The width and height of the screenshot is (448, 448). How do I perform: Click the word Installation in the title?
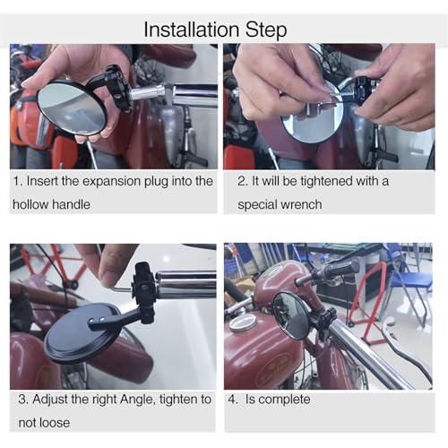(x=192, y=30)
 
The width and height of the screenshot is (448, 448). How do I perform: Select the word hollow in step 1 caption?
(x=30, y=204)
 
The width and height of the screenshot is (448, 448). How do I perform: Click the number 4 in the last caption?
(x=232, y=400)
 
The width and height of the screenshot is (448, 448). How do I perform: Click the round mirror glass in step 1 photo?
(x=71, y=108)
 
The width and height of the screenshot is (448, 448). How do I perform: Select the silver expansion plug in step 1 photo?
(x=147, y=92)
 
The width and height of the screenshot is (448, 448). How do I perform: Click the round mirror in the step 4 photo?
(x=290, y=315)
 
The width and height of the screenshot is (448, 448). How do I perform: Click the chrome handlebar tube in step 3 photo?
(x=186, y=284)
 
